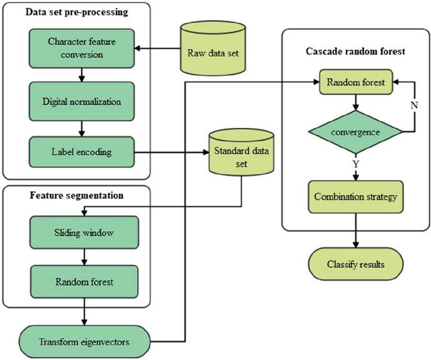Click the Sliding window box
coord(83,232)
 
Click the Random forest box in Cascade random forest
coord(355,81)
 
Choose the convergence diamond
coord(355,132)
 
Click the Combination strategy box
coord(355,197)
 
